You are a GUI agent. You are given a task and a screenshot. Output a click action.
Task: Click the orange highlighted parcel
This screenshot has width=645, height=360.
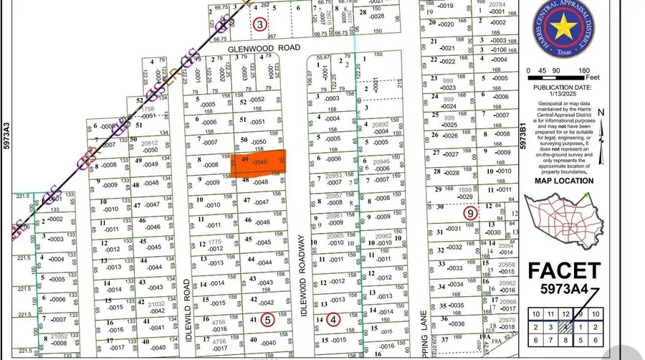pyautogui.click(x=258, y=164)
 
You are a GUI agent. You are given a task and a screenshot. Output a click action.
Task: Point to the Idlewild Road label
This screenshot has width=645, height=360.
pyautogui.click(x=191, y=298)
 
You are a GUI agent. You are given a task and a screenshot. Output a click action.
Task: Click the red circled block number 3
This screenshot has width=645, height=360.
pyautogui.click(x=259, y=24)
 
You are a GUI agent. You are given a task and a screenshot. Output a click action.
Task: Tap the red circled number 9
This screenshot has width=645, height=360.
pyautogui.click(x=470, y=213)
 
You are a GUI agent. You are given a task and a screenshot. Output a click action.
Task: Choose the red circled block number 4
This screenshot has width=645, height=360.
pyautogui.click(x=333, y=320)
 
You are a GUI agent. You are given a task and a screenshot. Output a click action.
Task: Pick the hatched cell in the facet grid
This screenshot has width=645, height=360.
pyautogui.click(x=566, y=327)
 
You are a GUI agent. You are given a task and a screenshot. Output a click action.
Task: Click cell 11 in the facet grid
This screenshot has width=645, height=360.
pyautogui.click(x=550, y=314)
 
